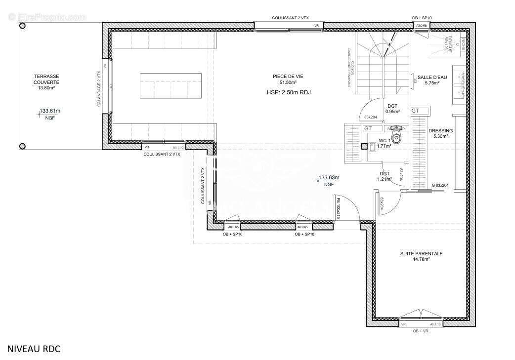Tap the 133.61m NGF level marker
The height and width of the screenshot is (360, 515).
pos(49,114)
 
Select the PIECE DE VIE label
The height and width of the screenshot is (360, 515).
pos(287,79)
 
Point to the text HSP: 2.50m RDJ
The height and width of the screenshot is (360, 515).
pos(288,92)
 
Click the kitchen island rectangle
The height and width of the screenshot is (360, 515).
pos(171,85)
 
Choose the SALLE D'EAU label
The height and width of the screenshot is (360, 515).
pos(432,80)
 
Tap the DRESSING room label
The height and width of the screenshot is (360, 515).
pos(440,133)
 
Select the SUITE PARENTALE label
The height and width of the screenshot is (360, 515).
pos(421,256)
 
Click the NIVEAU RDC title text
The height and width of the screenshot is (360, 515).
pos(34,349)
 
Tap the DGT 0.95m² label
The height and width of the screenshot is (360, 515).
pos(392,109)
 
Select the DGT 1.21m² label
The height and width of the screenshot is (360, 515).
pos(385,176)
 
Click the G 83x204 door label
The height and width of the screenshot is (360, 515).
pos(440,185)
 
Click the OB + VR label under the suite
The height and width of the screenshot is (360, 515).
pos(422,330)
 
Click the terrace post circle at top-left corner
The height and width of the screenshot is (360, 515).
pos(22,26)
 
